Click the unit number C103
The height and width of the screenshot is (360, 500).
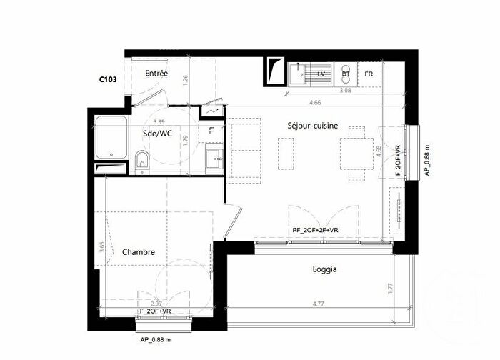(108, 81)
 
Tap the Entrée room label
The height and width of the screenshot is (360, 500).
(156, 74)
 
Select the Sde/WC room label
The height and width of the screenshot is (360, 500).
(157, 134)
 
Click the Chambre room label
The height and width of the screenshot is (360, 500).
(139, 252)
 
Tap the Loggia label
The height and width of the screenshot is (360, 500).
(324, 269)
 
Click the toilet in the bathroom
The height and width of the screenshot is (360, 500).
(142, 161)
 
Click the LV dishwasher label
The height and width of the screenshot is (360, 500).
(321, 74)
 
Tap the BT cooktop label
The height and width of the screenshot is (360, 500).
(346, 74)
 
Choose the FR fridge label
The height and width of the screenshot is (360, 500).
(369, 74)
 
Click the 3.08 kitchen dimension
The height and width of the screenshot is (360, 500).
(325, 91)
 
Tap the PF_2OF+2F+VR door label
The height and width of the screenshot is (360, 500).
(315, 230)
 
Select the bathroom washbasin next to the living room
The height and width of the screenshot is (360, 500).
(212, 157)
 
